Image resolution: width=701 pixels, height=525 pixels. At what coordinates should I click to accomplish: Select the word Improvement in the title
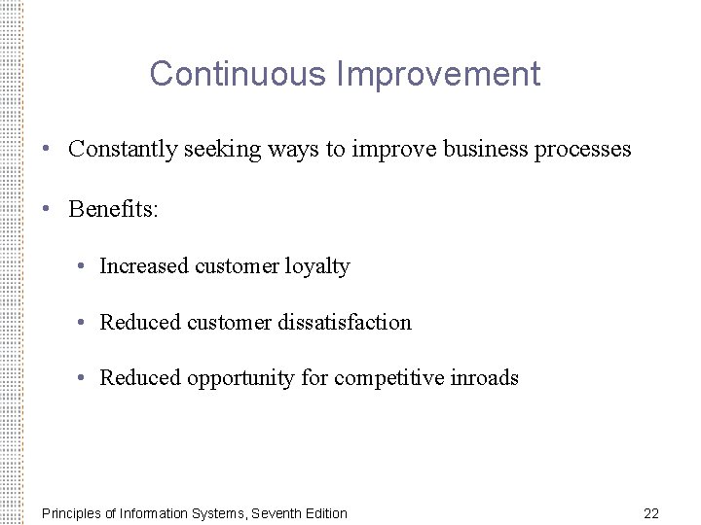(x=439, y=74)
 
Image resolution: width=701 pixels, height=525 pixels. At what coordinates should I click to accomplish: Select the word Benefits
(x=110, y=210)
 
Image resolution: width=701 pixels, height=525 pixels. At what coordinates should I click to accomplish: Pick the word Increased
(x=144, y=266)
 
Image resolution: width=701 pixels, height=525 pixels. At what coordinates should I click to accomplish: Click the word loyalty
(x=317, y=266)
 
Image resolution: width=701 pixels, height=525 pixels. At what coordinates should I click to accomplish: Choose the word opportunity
(x=241, y=377)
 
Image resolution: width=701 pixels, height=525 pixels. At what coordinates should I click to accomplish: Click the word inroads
(x=484, y=377)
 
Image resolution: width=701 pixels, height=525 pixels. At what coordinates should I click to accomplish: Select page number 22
(x=651, y=513)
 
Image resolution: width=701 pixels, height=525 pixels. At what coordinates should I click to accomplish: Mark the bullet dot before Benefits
(x=46, y=210)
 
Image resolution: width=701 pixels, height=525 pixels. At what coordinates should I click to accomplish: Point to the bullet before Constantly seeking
(x=46, y=150)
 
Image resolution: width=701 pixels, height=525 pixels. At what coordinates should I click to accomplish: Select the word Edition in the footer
(x=324, y=513)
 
